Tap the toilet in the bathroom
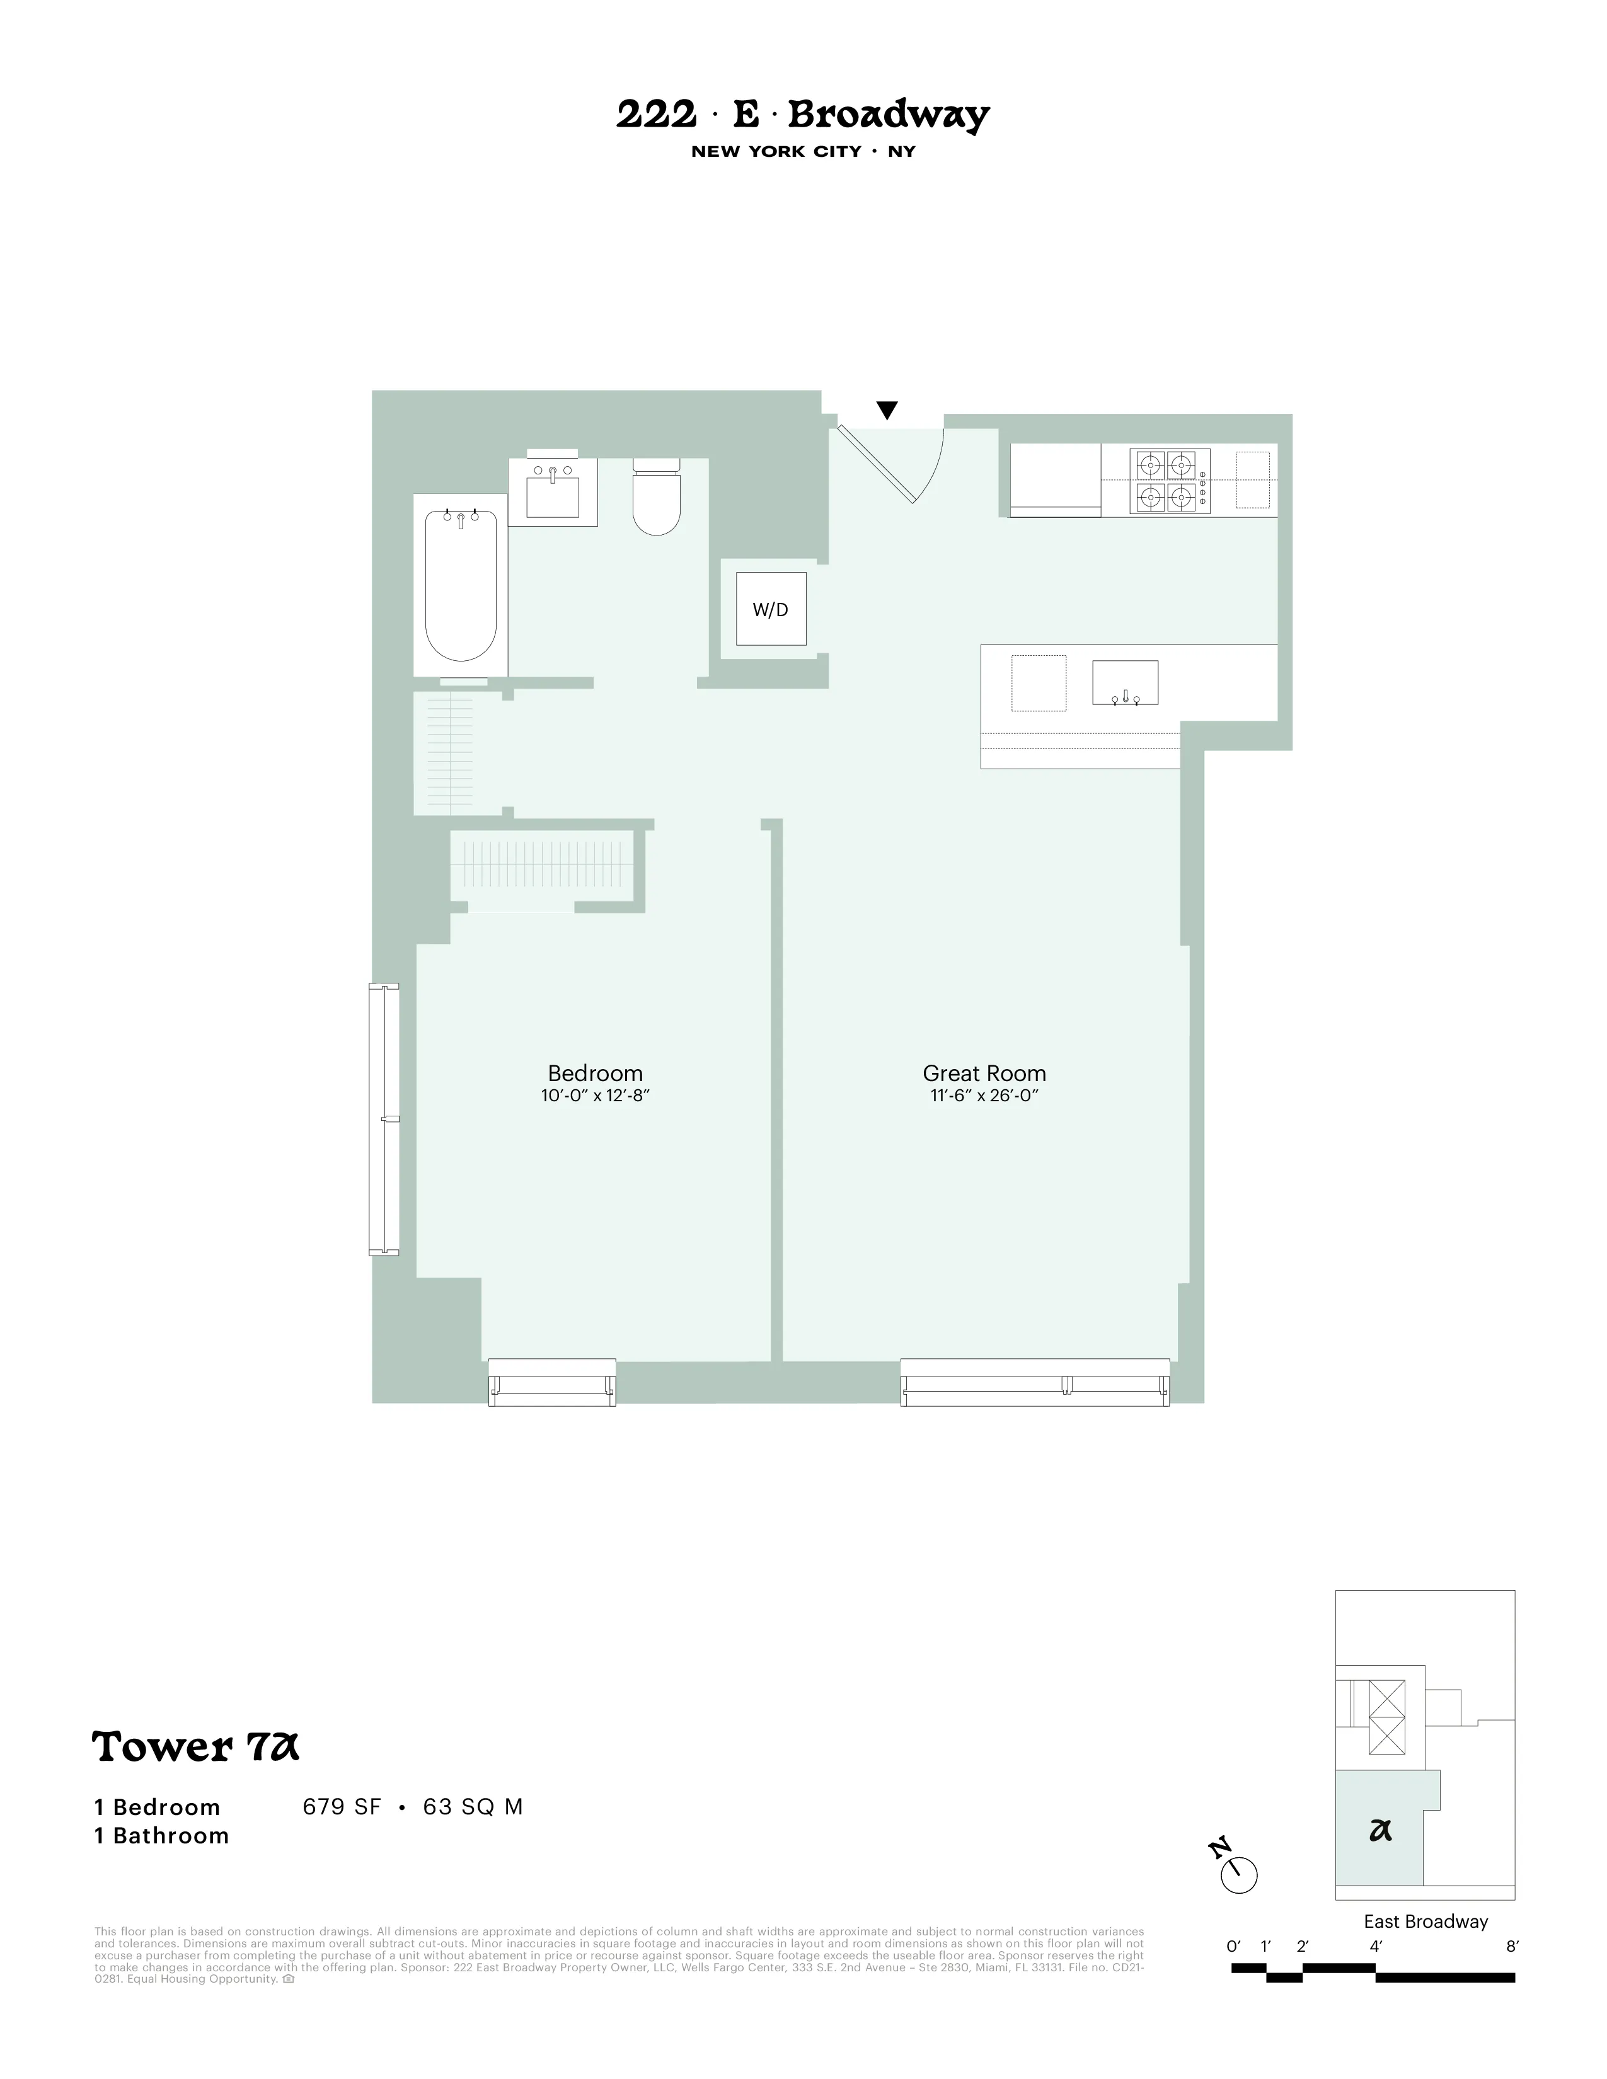pos(657,500)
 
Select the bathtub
pos(461,585)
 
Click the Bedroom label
pos(595,1073)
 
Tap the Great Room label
pos(984,1073)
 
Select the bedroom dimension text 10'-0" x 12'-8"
pos(595,1096)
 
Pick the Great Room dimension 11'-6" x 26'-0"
pos(984,1096)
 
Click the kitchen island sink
pos(1124,682)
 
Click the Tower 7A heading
pos(195,1747)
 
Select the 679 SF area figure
pos(342,1807)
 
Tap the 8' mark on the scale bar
pos(1512,1947)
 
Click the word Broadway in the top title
pos(888,115)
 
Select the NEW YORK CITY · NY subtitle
pos(802,151)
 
